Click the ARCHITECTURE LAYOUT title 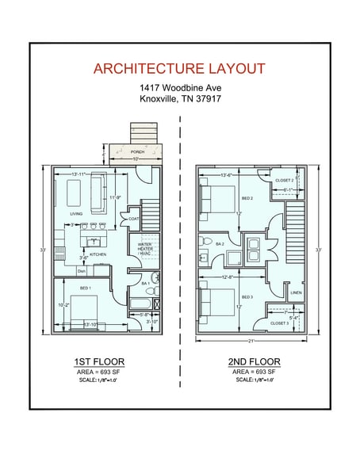[x=179, y=68]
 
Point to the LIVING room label [x=76, y=214]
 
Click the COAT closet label [x=133, y=219]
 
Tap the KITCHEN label [x=98, y=254]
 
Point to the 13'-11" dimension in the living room [x=80, y=174]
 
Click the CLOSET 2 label [x=285, y=180]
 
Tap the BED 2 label [x=247, y=197]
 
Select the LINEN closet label [x=296, y=292]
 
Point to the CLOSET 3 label [x=279, y=323]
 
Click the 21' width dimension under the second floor [x=251, y=341]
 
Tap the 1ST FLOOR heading [x=99, y=361]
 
